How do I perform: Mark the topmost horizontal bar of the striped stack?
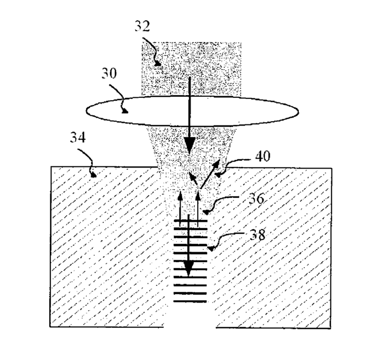point(191,221)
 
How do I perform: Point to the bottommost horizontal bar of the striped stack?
point(191,301)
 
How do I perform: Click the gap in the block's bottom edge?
point(191,327)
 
